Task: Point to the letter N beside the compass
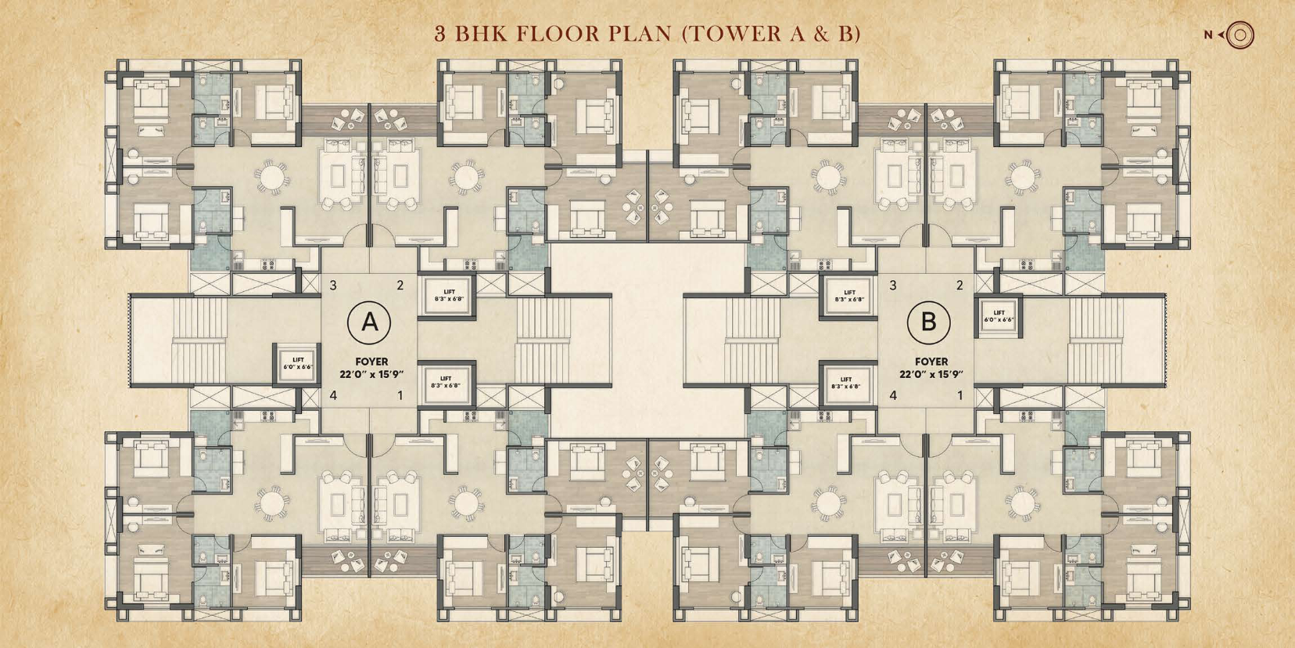click(x=1208, y=35)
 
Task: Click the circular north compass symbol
click(x=1239, y=35)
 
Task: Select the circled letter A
click(x=369, y=322)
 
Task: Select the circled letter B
click(x=928, y=322)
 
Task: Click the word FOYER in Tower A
click(x=371, y=362)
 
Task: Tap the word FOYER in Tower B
click(x=931, y=362)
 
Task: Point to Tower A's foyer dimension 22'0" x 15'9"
click(x=371, y=374)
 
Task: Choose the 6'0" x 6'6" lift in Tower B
click(x=999, y=316)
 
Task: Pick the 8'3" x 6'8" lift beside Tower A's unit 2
click(x=449, y=295)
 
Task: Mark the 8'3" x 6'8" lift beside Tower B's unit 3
click(x=849, y=296)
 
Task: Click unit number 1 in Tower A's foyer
click(x=400, y=396)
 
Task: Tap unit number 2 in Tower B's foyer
click(x=960, y=285)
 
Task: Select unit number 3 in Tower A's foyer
click(x=333, y=285)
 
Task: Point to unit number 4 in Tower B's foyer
click(x=893, y=396)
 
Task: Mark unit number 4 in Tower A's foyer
click(x=333, y=396)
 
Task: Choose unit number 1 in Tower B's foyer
click(x=960, y=396)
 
